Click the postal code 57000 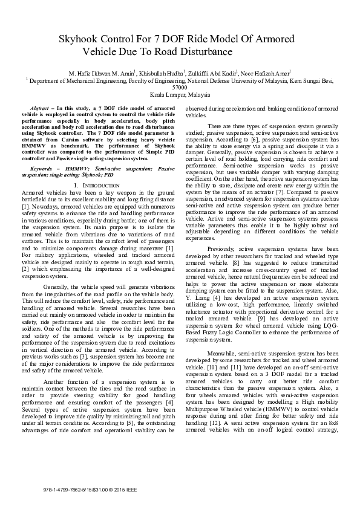tap(180, 86)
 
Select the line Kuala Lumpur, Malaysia tap(180, 95)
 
